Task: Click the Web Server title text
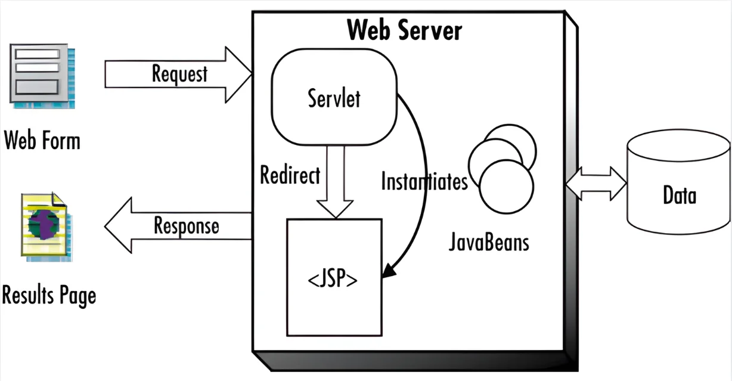click(404, 29)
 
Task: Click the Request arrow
click(179, 75)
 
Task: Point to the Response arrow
click(179, 227)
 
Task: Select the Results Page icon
click(45, 226)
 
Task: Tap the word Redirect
click(290, 175)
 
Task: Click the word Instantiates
click(424, 181)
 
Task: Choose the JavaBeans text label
click(488, 243)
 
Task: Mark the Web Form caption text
click(42, 141)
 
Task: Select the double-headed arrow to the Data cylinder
click(595, 182)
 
